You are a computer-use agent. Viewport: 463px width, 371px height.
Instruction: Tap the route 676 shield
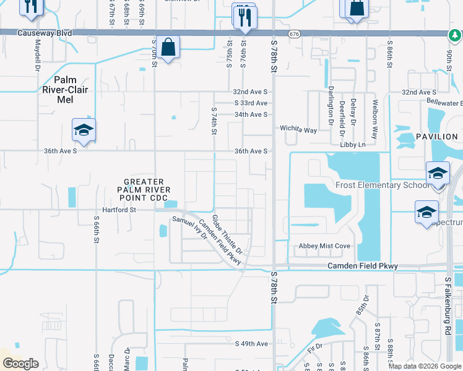click(x=294, y=34)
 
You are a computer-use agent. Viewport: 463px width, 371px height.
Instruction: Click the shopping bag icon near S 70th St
click(x=168, y=47)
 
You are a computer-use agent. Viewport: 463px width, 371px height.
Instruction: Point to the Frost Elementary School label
click(x=382, y=185)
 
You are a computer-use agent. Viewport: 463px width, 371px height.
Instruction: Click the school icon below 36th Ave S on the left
click(x=84, y=131)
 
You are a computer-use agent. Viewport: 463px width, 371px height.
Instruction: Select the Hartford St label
click(x=118, y=210)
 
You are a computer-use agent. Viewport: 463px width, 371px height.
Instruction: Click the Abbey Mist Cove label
click(x=324, y=245)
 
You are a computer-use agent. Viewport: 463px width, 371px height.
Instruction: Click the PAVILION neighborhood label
click(x=436, y=137)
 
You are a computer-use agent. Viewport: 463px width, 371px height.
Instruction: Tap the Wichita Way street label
click(x=298, y=130)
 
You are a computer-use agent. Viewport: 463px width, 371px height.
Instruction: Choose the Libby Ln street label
click(x=353, y=145)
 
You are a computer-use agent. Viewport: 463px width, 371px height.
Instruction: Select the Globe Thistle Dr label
click(x=227, y=235)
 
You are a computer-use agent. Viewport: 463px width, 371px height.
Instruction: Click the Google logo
click(x=20, y=364)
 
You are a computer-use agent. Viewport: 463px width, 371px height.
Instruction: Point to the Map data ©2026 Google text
click(x=424, y=366)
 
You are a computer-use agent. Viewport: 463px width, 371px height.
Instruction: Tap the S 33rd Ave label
click(x=251, y=103)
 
